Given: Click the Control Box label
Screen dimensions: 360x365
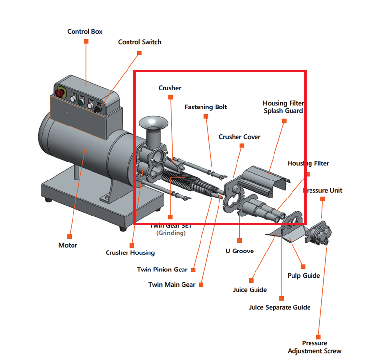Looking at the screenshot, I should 85,32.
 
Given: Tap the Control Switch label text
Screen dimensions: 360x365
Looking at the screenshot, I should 139,42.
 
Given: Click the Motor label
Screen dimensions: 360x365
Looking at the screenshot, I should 68,245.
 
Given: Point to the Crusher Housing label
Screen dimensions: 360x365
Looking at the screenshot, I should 130,252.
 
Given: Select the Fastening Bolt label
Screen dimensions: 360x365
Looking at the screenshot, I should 205,107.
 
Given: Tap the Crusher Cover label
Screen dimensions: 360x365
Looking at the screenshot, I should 239,137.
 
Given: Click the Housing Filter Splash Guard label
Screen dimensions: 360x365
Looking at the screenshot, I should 283,107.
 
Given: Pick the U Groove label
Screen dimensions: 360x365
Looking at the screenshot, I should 239,251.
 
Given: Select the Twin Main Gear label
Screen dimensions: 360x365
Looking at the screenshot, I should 172,285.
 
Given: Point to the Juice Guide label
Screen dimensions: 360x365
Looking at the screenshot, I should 250,290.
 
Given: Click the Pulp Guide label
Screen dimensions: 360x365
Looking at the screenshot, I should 304,276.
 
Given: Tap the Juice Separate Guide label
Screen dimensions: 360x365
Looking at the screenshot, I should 279,307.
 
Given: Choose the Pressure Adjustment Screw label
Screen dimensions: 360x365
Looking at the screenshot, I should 314,347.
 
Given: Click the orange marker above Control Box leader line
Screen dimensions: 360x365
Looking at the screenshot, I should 86,41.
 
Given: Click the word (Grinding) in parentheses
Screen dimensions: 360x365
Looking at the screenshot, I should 171,233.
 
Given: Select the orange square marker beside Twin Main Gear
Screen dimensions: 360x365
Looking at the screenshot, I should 201,285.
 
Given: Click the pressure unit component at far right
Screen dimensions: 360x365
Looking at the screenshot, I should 319,233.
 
